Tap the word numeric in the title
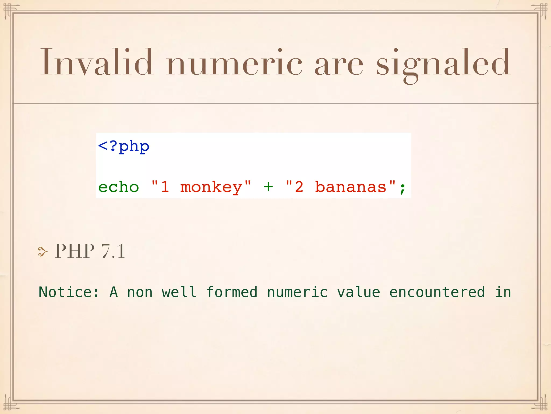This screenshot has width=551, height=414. [x=234, y=63]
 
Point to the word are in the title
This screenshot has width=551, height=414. [x=339, y=65]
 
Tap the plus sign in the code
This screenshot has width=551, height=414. [x=268, y=187]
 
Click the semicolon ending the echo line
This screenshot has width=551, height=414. [x=402, y=188]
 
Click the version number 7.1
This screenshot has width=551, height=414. [x=113, y=251]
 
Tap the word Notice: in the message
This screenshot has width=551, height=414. [x=69, y=292]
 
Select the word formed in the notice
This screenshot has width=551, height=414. [x=232, y=292]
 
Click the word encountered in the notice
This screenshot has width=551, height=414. [x=437, y=292]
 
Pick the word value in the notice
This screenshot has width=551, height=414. [x=358, y=292]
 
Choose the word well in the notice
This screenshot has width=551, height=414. [x=179, y=292]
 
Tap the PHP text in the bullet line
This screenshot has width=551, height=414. [x=75, y=251]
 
